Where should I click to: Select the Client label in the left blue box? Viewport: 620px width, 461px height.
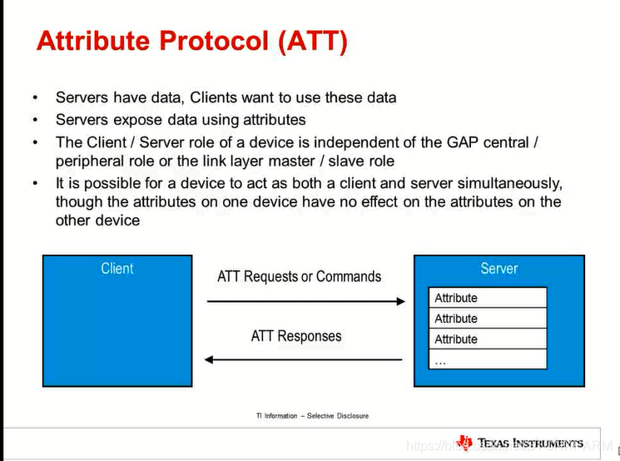pyautogui.click(x=117, y=268)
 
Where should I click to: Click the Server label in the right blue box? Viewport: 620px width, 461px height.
pyautogui.click(x=498, y=268)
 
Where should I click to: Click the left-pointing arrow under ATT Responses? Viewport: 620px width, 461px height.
pyautogui.click(x=304, y=359)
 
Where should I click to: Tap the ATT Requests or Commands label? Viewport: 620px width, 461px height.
pyautogui.click(x=299, y=276)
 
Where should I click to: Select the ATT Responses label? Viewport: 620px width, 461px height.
pyautogui.click(x=296, y=336)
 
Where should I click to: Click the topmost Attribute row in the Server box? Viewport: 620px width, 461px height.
pyautogui.click(x=489, y=298)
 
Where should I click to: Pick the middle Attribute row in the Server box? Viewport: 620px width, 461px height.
pyautogui.click(x=489, y=319)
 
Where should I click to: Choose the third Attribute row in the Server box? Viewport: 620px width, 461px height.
pyautogui.click(x=489, y=340)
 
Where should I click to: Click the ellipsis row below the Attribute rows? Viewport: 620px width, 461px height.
pyautogui.click(x=489, y=359)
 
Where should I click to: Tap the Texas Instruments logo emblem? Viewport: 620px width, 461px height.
pyautogui.click(x=464, y=443)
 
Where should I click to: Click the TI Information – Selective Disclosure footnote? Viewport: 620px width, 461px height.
pyautogui.click(x=312, y=415)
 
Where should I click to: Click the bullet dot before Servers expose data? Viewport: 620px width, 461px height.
pyautogui.click(x=35, y=120)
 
